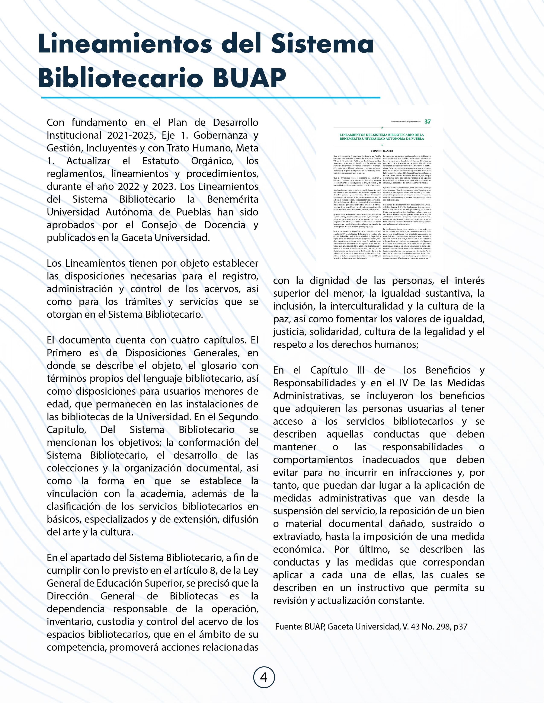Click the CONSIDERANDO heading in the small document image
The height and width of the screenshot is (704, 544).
pyautogui.click(x=382, y=151)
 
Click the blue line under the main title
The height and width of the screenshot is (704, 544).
pyautogui.click(x=211, y=97)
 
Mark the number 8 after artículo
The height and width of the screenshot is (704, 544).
pyautogui.click(x=212, y=570)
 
